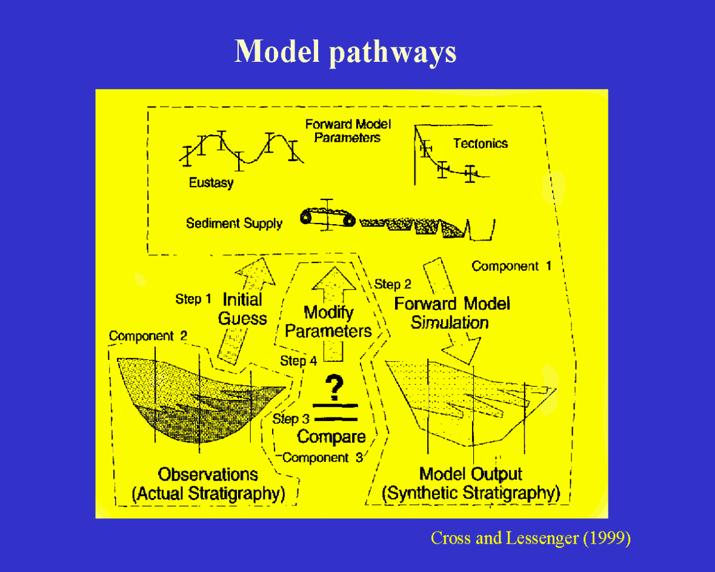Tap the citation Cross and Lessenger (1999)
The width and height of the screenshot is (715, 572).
coord(530,538)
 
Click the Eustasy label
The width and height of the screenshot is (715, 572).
coord(211,183)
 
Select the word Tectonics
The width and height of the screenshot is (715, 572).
coord(481,144)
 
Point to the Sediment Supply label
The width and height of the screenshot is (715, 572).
coord(234,224)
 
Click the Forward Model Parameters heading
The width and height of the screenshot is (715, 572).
coord(348,131)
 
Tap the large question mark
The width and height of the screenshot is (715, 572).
coord(334,385)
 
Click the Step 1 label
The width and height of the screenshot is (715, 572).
coord(193,299)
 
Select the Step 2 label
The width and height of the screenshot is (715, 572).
coord(393,284)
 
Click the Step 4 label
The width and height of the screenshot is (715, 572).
coord(298,361)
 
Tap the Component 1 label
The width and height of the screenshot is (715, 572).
coord(511,266)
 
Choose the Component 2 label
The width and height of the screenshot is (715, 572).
coord(148,336)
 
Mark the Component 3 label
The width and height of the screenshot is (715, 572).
coord(322,458)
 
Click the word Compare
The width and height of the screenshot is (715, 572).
coord(331,437)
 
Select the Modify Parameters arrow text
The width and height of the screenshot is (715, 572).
coord(328,322)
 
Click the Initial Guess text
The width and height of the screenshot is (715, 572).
coord(242,309)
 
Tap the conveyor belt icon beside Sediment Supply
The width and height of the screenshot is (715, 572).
coord(327,218)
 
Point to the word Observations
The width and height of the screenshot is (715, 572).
coord(208,474)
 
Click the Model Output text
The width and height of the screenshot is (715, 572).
coord(471,474)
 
